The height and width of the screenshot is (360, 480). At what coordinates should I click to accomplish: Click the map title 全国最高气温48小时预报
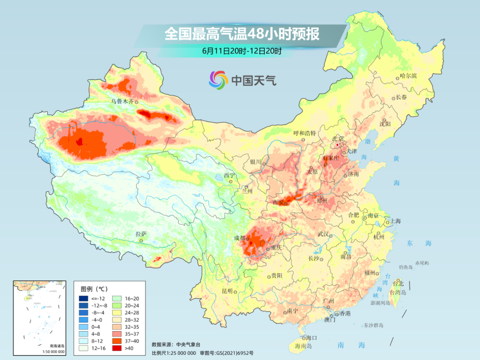(242, 34)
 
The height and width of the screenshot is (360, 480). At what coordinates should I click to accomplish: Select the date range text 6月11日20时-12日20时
(242, 51)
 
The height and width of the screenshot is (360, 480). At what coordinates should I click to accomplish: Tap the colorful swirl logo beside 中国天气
(218, 80)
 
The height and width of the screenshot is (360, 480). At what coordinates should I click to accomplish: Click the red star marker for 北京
(337, 145)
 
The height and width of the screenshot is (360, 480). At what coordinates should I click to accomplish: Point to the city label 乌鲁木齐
(122, 101)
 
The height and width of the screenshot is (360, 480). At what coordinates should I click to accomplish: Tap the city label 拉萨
(141, 234)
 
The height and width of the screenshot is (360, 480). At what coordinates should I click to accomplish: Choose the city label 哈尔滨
(408, 76)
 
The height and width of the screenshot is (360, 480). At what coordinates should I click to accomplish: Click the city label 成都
(240, 238)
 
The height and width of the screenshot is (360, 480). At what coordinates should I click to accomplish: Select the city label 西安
(278, 203)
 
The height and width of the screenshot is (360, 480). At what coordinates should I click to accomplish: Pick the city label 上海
(396, 221)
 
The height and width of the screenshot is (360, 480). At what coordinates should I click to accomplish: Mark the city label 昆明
(227, 291)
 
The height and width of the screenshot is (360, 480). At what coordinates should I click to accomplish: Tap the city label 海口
(312, 338)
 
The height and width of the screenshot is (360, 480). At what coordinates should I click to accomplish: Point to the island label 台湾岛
(398, 292)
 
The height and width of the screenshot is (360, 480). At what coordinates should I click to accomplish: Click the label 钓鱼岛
(406, 267)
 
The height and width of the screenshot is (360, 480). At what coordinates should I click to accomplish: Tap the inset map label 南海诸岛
(57, 346)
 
